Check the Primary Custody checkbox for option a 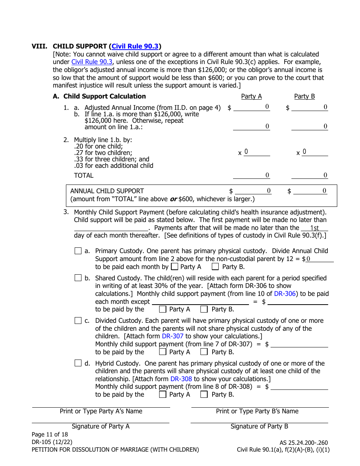(78, 251)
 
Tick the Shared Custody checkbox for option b (78, 278)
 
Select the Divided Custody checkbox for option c (78, 321)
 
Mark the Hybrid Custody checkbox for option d (78, 363)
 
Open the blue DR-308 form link (181, 379)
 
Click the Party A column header (252, 96)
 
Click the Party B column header (304, 96)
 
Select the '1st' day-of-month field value (314, 228)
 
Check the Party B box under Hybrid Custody (204, 394)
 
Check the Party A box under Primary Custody (174, 267)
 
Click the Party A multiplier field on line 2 (257, 152)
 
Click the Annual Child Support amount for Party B (310, 191)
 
